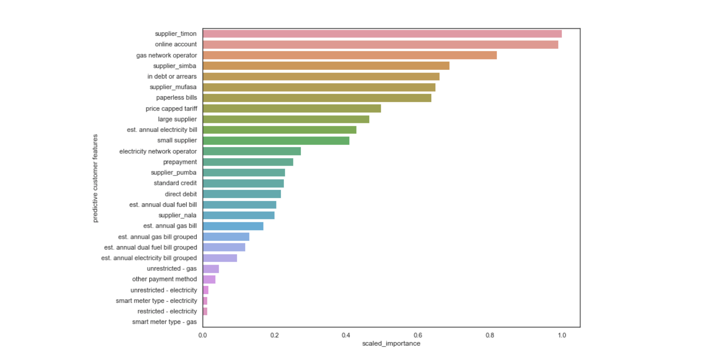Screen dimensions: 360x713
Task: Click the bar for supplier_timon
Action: point(382,34)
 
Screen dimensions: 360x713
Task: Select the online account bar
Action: point(380,45)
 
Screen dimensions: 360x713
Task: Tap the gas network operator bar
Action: point(350,55)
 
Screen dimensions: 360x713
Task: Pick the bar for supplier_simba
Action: point(326,66)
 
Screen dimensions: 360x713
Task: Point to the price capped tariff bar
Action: point(292,109)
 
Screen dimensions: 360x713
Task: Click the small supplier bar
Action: point(276,141)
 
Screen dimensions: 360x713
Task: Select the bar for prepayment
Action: point(248,162)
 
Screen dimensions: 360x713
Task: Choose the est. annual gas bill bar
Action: point(233,226)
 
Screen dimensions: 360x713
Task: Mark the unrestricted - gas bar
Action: point(211,269)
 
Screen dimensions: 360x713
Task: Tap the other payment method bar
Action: point(209,279)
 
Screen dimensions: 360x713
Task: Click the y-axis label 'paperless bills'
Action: point(177,98)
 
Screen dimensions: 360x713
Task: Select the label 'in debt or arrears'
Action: point(172,77)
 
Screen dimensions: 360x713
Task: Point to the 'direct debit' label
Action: point(181,194)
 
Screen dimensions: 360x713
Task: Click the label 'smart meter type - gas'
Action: point(164,322)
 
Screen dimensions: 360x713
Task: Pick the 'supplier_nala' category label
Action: point(177,215)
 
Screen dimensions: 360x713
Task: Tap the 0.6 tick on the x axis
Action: point(418,335)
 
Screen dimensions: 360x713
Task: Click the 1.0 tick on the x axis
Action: point(562,335)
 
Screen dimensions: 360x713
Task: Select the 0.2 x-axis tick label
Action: point(274,335)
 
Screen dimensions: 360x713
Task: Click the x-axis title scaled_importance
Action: point(391,344)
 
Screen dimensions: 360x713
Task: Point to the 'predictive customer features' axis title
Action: point(95,178)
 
